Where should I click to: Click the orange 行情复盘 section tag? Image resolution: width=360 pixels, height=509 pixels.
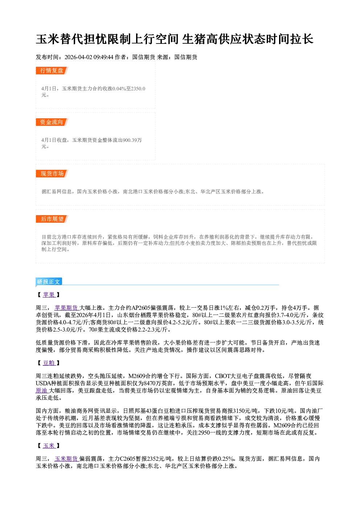52,70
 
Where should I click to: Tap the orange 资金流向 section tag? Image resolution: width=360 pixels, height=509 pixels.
52,122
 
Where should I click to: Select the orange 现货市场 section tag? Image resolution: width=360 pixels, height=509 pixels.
52,174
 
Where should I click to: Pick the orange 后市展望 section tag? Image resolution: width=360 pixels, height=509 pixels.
52,219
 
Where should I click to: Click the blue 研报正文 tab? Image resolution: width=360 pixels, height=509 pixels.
49,282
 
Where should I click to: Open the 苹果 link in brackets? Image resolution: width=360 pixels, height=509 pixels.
49,295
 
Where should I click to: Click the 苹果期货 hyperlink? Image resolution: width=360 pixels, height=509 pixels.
66,308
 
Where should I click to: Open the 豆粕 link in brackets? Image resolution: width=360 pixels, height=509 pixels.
49,363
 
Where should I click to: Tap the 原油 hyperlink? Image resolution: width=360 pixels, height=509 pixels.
42,390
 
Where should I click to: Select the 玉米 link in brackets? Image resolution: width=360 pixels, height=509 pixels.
49,446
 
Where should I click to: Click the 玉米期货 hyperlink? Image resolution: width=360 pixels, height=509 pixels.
66,459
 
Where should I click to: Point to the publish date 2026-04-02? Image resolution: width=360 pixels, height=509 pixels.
78,57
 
